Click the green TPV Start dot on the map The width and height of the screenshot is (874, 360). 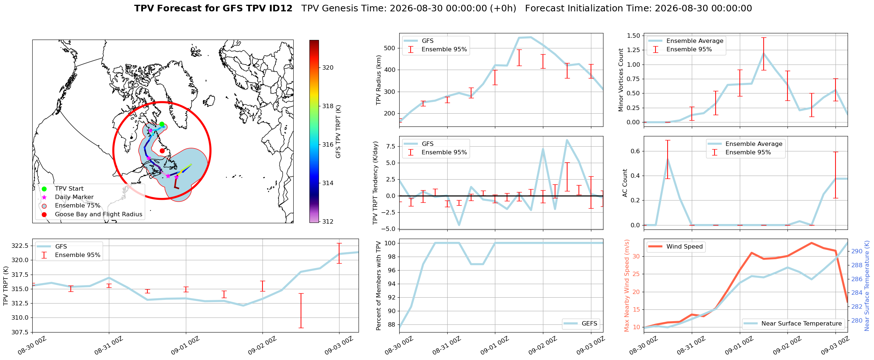[x=162, y=124]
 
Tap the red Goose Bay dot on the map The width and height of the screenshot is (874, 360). [x=162, y=151]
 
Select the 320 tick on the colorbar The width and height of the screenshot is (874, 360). [x=328, y=67]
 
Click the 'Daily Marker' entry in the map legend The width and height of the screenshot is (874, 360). [x=74, y=197]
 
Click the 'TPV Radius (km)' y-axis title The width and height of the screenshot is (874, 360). [x=379, y=80]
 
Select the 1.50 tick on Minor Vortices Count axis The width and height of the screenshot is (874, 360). [x=634, y=36]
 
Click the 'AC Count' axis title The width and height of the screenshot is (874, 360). [x=625, y=183]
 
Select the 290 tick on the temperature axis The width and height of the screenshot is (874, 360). [x=857, y=251]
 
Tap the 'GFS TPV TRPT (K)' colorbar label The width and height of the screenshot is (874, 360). [x=338, y=132]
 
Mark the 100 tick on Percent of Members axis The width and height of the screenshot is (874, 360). [x=390, y=243]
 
